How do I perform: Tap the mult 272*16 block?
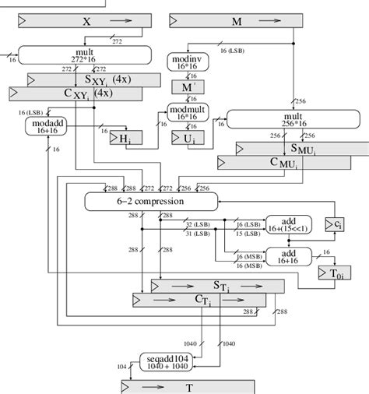coord(84,55)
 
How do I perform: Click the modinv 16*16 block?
coord(185,63)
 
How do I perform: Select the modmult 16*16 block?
coord(185,114)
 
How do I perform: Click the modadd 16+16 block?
coord(48,126)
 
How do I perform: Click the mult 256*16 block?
coord(284,118)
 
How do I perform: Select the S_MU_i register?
coord(296,148)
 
